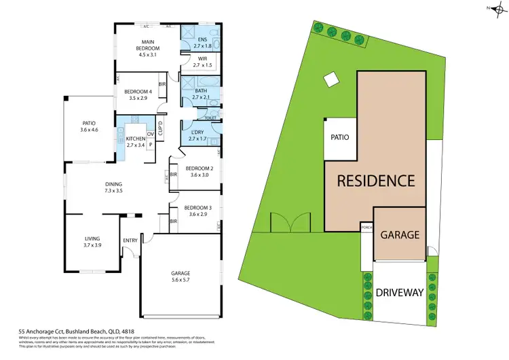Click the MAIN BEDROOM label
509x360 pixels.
coord(147,50)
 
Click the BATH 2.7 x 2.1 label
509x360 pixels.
coord(201,94)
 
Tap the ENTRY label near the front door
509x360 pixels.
coord(130,240)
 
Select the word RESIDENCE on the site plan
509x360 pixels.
coord(375,181)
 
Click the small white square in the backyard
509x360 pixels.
coord(330,80)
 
